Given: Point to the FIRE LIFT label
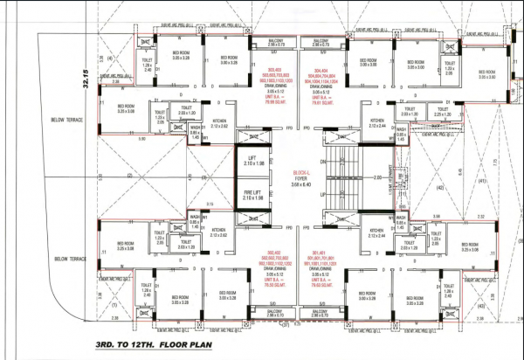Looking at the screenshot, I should [252, 195].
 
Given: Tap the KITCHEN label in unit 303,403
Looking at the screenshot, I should [219, 124].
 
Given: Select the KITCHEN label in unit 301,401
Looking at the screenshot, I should [377, 232].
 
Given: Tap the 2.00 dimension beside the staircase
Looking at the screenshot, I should [374, 177].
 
